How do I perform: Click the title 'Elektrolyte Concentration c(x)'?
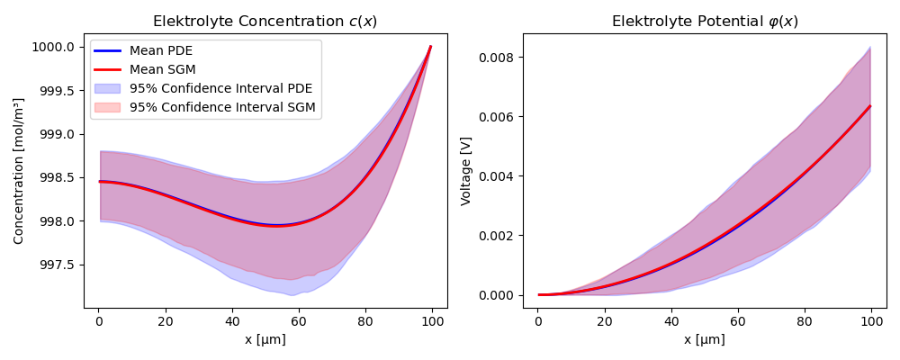tap(266, 22)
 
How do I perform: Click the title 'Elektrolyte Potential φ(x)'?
tap(705, 22)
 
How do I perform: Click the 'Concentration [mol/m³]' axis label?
tap(19, 171)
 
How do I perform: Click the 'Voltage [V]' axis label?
tap(466, 171)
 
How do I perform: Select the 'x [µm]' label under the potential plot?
tap(705, 339)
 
